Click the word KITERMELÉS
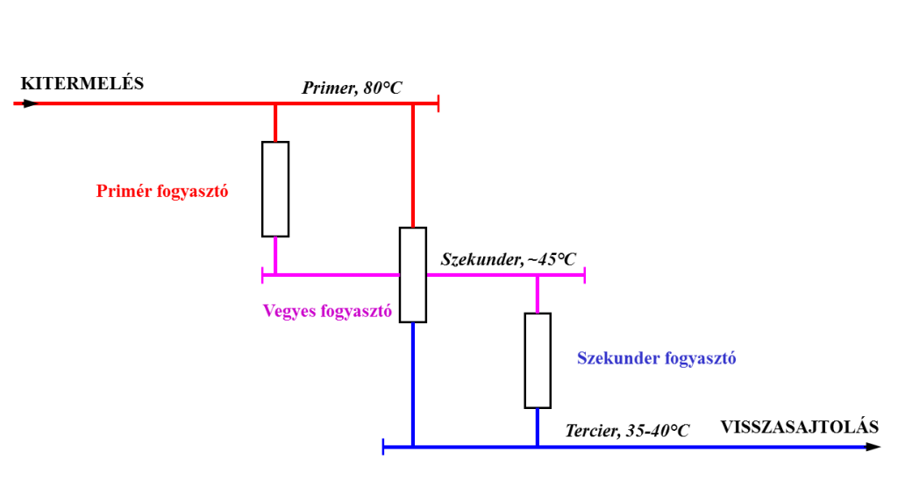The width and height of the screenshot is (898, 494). point(82,83)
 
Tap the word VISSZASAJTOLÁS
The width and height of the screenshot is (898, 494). point(800,427)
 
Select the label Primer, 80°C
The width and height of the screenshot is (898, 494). point(352,88)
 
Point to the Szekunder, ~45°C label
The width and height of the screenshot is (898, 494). point(508,259)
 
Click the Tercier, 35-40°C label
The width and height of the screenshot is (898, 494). point(627,431)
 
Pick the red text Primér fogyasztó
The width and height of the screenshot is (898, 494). point(162,191)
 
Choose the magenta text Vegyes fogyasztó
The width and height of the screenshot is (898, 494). point(328,311)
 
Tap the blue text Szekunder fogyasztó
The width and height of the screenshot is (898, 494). point(656,358)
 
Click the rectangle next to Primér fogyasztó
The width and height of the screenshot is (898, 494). point(275,189)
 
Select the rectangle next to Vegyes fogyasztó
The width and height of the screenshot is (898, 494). point(413,275)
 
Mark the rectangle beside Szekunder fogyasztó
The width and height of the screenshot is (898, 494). point(538,361)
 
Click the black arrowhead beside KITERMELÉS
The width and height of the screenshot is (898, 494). point(31,103)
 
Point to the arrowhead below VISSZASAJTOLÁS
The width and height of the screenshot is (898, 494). point(873,447)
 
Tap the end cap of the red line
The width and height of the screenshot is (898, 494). point(438,103)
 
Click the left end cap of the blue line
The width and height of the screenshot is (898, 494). point(383,447)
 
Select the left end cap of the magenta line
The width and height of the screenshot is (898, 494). point(262,275)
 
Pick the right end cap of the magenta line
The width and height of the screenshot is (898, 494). point(584,275)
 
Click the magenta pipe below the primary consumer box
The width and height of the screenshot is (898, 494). point(275,256)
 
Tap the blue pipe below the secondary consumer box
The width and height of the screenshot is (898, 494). point(538,427)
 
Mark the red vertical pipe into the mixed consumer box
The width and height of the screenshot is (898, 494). point(413,166)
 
